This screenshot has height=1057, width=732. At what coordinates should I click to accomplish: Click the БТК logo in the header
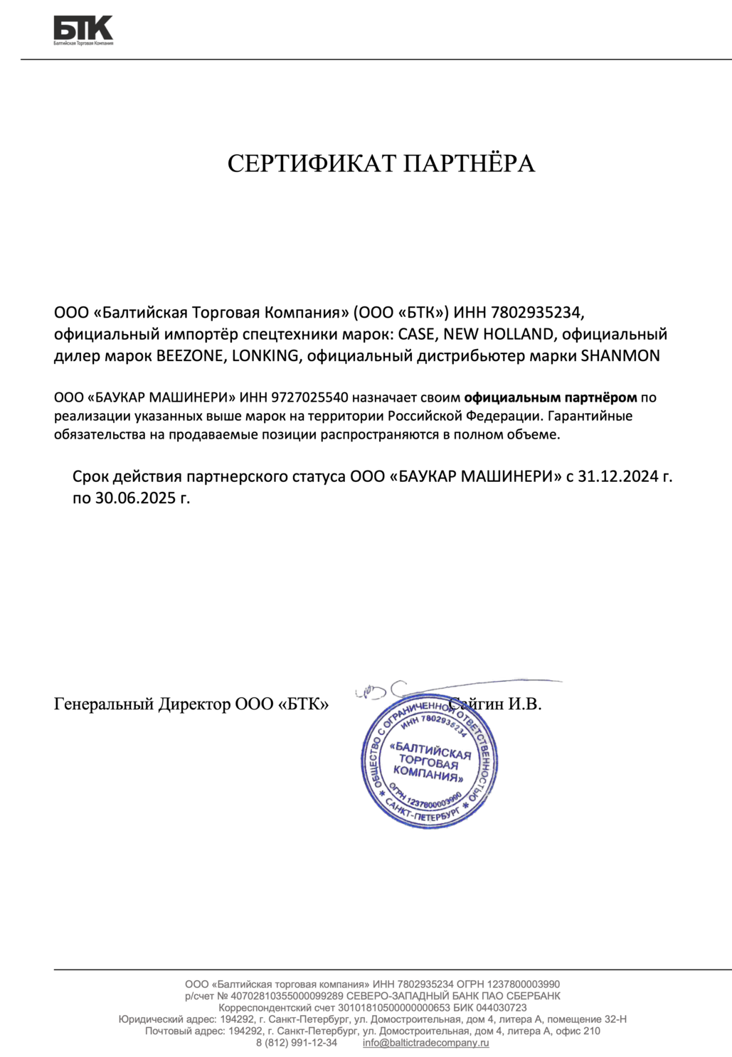point(83,30)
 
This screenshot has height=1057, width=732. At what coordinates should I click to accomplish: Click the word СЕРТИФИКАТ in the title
point(312,163)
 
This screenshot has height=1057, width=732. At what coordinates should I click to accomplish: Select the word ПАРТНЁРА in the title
point(470,163)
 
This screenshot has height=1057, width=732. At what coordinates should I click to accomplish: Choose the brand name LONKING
point(265,356)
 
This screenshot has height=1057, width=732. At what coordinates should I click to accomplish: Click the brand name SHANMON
point(620,356)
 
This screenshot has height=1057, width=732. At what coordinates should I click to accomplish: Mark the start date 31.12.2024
point(617,476)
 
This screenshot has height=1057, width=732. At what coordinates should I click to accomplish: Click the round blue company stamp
point(429,761)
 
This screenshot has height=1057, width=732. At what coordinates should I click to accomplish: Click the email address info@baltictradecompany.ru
point(425,1043)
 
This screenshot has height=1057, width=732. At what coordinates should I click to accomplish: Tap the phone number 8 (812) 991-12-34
point(297,1043)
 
